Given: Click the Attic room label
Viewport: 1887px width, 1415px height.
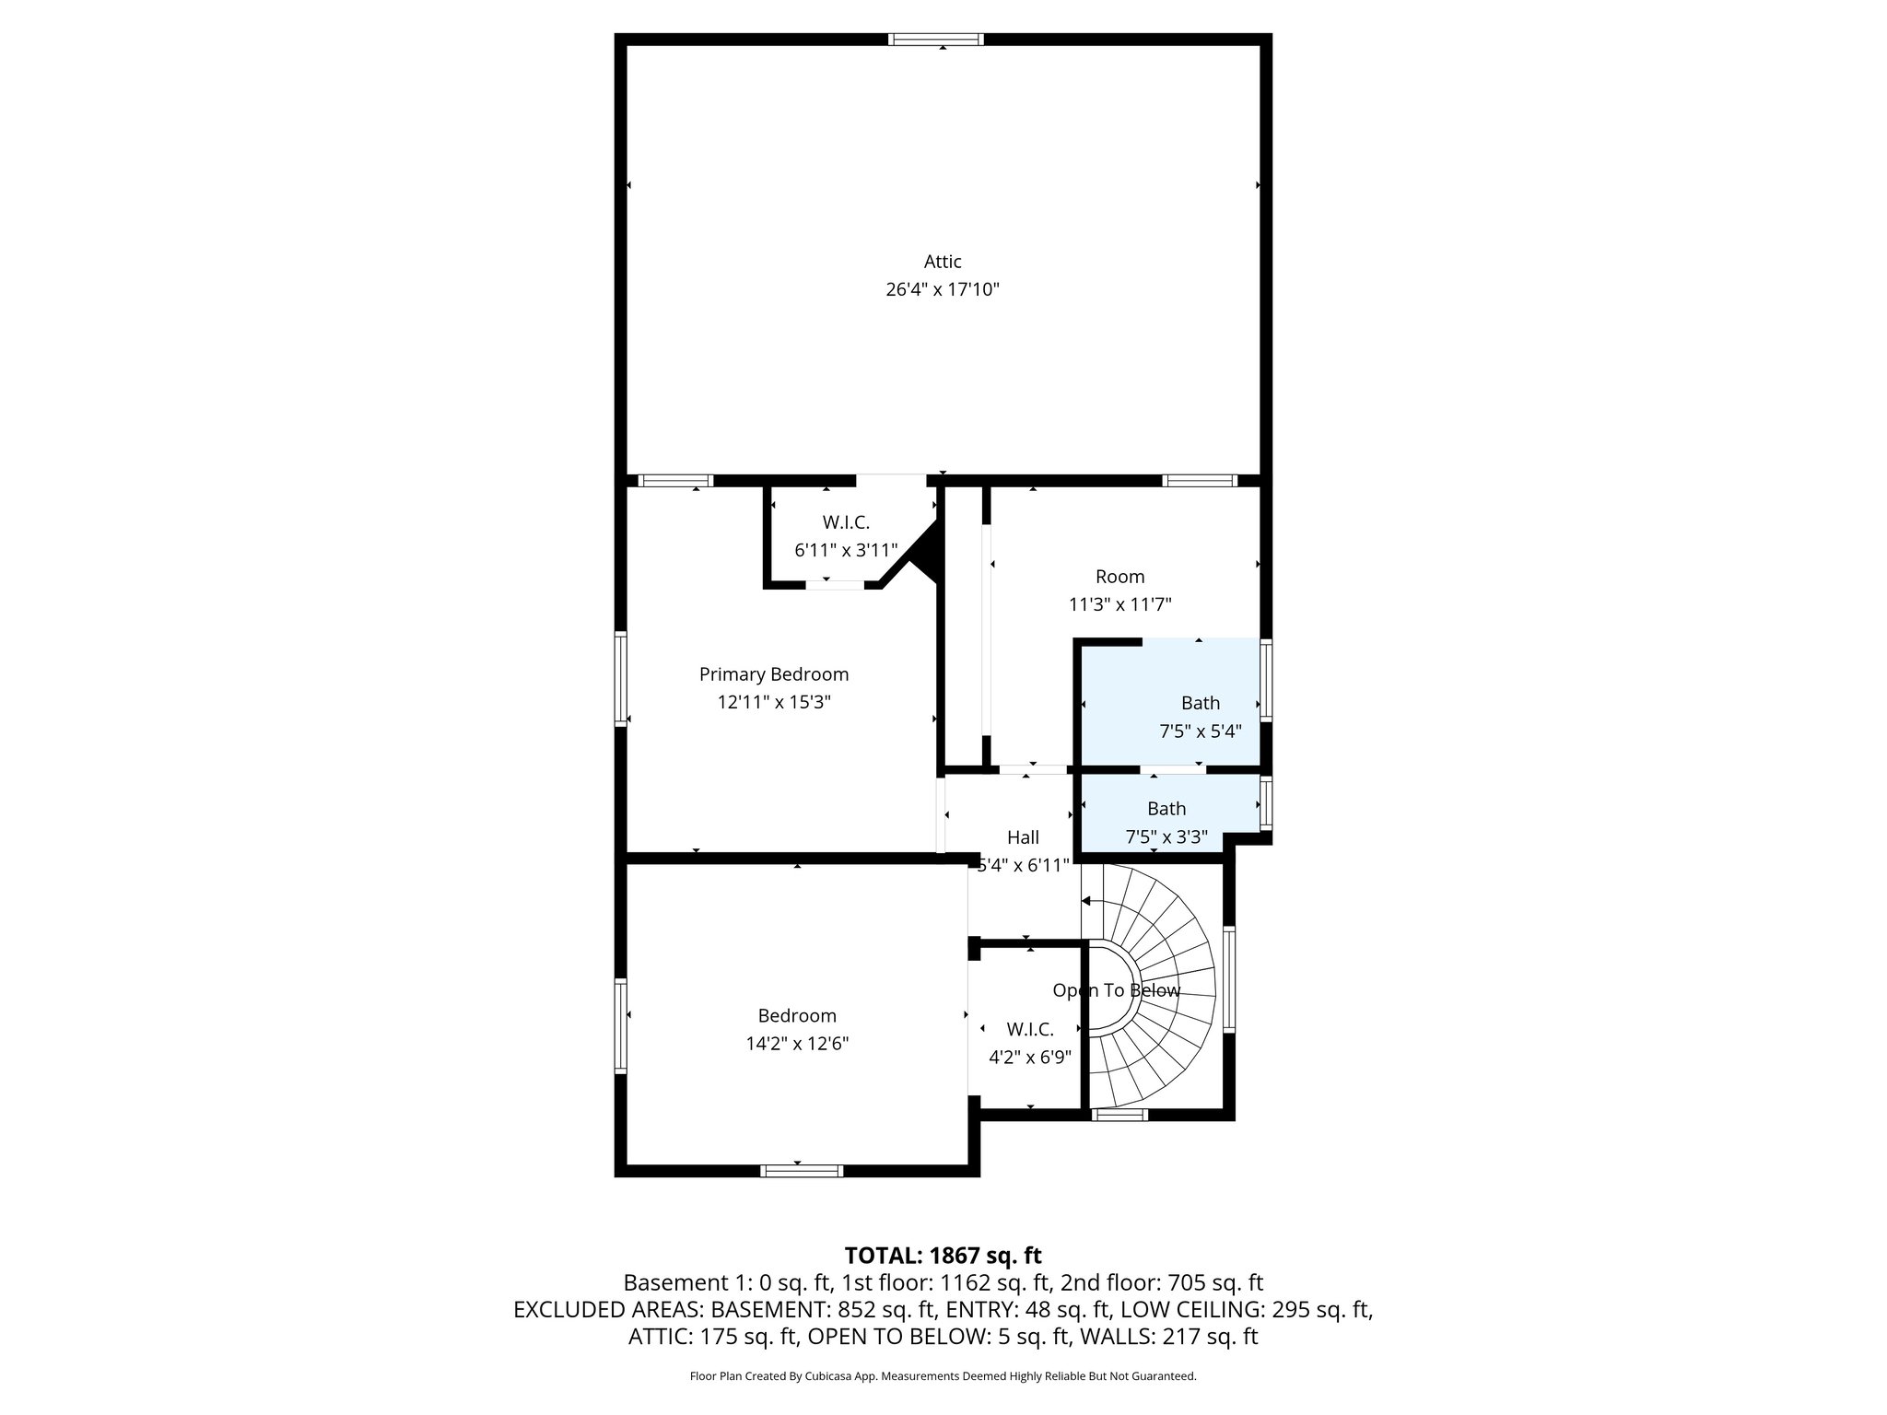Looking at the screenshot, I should coord(943,262).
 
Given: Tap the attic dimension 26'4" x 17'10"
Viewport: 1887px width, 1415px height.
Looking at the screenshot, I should coord(943,290).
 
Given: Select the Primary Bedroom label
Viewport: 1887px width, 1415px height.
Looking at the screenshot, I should coord(774,674).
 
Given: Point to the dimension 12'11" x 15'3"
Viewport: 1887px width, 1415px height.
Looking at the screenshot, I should coord(774,703).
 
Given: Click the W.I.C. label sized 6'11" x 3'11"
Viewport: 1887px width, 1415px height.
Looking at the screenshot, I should coord(846,522).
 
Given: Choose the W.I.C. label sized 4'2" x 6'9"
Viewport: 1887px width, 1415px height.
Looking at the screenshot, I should coord(1030,1029).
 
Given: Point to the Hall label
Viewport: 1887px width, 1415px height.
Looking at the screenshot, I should coord(1023,837).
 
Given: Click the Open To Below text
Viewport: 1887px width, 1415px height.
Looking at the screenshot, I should coord(1116,990).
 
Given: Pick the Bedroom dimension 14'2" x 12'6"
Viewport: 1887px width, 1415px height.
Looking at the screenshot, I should coord(797,1044).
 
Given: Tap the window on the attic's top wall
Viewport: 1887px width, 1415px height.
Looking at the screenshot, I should coord(936,40).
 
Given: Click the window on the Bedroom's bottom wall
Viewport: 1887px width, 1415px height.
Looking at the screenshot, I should coord(802,1171).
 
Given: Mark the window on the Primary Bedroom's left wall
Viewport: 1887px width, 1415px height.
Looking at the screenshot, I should coord(621,678).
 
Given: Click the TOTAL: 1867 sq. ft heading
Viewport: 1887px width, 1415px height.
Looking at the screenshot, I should coord(943,1256).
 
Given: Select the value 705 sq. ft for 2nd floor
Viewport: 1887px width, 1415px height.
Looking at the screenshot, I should coord(1215,1283).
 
